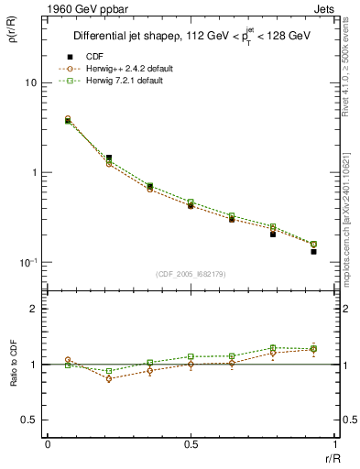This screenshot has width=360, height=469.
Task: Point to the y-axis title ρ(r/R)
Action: [x=14, y=36]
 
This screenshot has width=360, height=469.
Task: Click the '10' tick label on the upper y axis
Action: [x=29, y=82]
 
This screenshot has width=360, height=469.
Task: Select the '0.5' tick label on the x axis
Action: [x=191, y=445]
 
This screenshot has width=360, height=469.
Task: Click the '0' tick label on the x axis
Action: [x=48, y=445]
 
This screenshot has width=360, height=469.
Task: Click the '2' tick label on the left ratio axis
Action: [x=34, y=310]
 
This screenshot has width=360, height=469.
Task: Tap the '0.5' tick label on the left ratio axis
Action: [x=29, y=420]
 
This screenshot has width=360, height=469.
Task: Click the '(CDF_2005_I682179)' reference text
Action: [x=191, y=275]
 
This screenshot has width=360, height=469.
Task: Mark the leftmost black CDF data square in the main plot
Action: [x=68, y=121]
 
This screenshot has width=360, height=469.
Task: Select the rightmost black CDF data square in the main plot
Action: [x=313, y=251]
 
